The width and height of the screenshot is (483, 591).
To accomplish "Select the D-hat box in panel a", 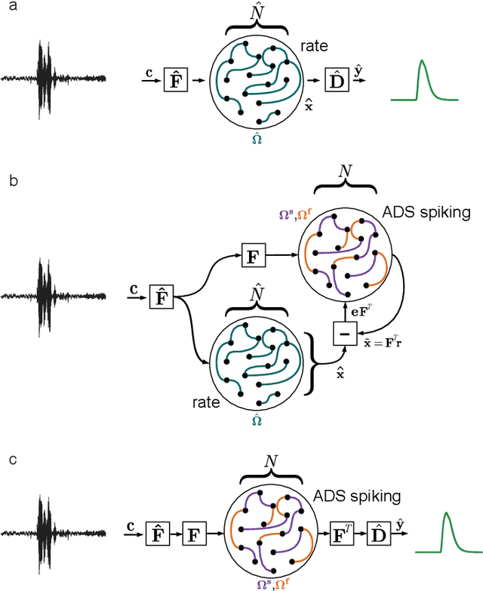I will click(x=336, y=78).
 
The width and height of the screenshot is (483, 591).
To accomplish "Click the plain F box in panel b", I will click(x=253, y=256).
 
